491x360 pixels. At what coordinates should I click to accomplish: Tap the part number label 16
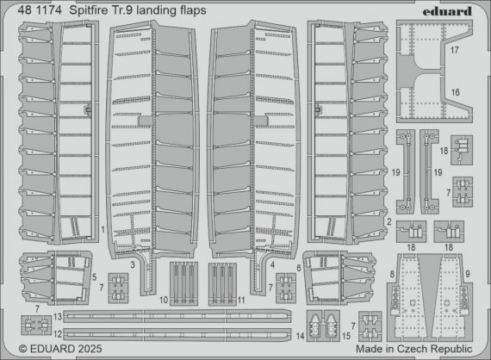(x=453, y=91)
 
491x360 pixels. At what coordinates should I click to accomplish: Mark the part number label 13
(x=56, y=318)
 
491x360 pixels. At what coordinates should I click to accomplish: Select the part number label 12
(x=56, y=332)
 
